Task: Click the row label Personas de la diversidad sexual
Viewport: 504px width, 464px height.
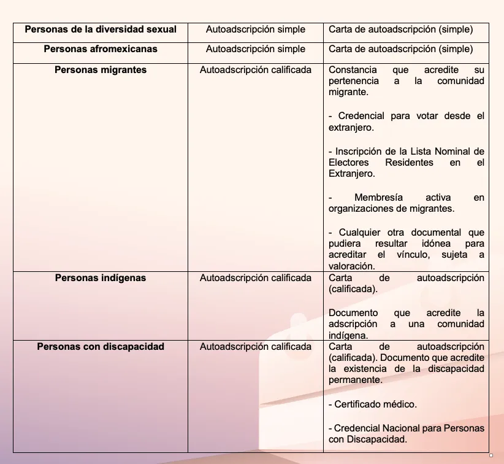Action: pos(101,29)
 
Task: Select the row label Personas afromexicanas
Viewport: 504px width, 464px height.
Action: pos(101,49)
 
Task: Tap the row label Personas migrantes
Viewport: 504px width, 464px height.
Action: pos(101,70)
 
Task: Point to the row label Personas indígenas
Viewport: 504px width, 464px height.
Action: pos(101,278)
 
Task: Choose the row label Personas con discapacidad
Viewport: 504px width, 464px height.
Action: pos(101,347)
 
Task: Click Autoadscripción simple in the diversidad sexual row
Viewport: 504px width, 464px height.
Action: pos(255,29)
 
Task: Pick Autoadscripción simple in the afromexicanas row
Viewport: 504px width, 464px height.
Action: pos(255,49)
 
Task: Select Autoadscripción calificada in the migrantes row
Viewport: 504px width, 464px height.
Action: pos(255,70)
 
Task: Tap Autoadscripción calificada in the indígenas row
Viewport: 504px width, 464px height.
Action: pos(255,278)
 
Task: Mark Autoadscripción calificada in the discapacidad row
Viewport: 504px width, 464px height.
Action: pos(255,347)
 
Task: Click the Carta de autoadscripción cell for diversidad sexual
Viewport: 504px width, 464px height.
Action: pos(400,29)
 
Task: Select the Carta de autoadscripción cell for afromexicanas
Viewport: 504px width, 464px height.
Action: pos(400,49)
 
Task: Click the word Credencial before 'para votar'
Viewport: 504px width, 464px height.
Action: pos(361,116)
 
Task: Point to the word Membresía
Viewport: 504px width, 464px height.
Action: pos(378,198)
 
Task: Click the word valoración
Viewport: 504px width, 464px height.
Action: pos(351,267)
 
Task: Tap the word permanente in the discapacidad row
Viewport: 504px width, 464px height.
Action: pos(355,381)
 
